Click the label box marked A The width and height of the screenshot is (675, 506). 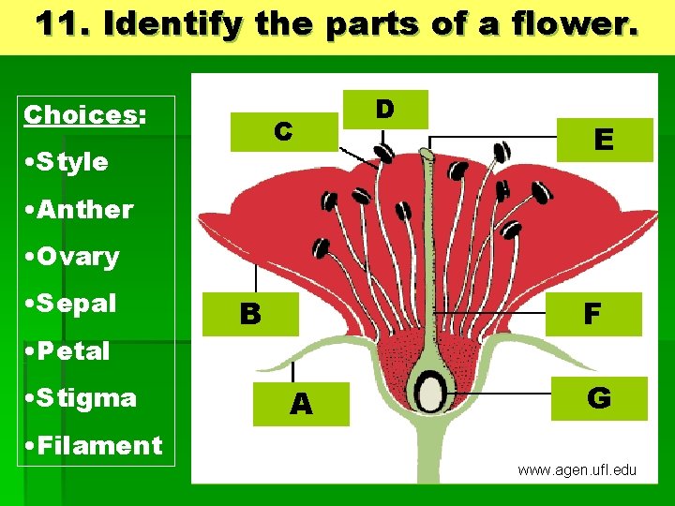tap(302, 403)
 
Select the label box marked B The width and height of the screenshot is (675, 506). tap(249, 313)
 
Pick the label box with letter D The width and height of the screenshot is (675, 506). tap(385, 109)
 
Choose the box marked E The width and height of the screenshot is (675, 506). tap(604, 140)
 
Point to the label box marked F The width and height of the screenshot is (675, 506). tap(592, 314)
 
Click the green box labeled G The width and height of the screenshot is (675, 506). tap(599, 398)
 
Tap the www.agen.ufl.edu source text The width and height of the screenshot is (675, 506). tap(577, 469)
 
